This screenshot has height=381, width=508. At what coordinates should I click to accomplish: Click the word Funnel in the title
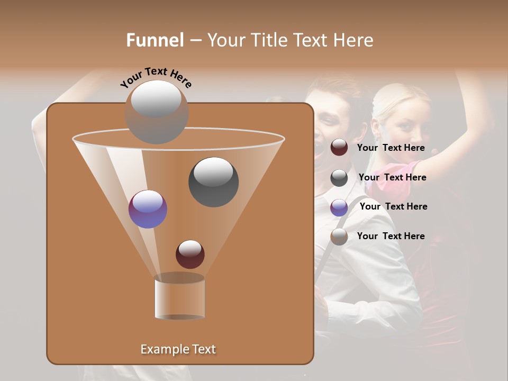[x=155, y=40]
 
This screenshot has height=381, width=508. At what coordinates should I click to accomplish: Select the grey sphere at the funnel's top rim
[x=156, y=112]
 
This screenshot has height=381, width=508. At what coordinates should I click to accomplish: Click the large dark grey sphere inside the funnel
[x=213, y=182]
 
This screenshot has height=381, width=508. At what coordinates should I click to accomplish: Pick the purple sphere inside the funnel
[x=148, y=209]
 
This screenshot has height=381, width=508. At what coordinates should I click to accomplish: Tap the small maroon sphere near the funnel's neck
[x=190, y=254]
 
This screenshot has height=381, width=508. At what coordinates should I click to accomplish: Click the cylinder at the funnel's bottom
[x=179, y=299]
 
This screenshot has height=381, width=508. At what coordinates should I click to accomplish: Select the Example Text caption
[x=178, y=349]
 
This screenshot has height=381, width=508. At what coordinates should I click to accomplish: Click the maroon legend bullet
[x=339, y=148]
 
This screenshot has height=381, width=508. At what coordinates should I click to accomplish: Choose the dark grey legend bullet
[x=339, y=178]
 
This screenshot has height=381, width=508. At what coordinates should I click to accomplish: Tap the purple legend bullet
[x=339, y=207]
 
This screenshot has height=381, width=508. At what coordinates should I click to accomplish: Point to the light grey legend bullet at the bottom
[x=339, y=237]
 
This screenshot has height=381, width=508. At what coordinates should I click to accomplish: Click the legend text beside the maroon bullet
[x=391, y=148]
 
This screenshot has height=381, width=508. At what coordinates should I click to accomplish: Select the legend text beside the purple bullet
[x=393, y=206]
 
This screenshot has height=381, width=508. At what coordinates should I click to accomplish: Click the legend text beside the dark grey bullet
[x=392, y=177]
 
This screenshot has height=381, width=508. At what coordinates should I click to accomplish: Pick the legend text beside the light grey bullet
[x=391, y=236]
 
